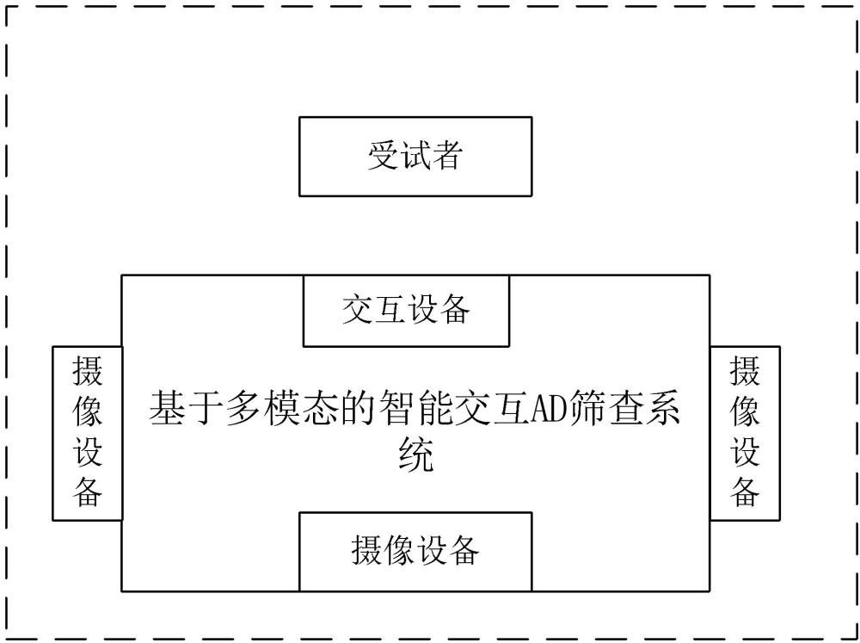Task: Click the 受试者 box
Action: (415, 157)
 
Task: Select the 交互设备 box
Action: (406, 311)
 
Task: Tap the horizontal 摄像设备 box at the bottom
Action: (415, 551)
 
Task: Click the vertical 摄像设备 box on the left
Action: (87, 433)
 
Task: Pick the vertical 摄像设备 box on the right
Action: (745, 433)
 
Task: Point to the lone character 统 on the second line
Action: (415, 454)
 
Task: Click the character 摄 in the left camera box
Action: (87, 374)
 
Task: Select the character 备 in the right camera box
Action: (745, 492)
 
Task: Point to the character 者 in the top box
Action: (447, 157)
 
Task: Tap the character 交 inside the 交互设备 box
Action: (358, 311)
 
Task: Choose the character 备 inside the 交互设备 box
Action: (454, 311)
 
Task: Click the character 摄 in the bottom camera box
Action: (366, 551)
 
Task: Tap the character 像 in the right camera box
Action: (745, 413)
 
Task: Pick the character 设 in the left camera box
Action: (87, 453)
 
